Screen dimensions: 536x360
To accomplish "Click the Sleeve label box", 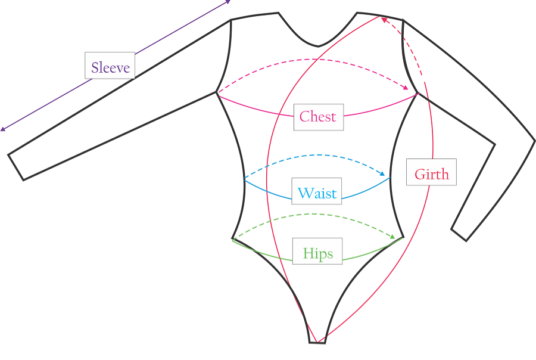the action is [x=110, y=66].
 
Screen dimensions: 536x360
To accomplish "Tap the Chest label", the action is [x=318, y=116].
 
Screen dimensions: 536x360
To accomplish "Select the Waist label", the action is [x=317, y=192].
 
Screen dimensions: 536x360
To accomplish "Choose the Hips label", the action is [x=317, y=252].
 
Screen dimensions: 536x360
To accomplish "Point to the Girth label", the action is [x=431, y=173].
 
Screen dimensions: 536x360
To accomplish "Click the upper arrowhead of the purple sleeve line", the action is [x=228, y=2].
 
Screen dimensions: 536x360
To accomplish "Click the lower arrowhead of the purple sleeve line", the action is [x=3, y=129].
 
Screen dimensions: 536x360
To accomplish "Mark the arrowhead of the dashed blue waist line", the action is [x=385, y=175].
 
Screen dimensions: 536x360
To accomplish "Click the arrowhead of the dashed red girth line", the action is [x=384, y=19].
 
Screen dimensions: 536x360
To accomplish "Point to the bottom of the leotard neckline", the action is [x=319, y=46].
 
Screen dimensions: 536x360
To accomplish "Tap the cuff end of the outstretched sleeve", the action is [x=15, y=167].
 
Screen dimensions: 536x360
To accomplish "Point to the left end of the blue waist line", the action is [x=244, y=179].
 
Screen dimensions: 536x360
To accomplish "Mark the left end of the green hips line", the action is [x=233, y=240].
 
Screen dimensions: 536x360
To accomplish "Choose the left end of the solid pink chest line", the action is [x=218, y=93].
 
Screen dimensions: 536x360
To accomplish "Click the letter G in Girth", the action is [x=419, y=174].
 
